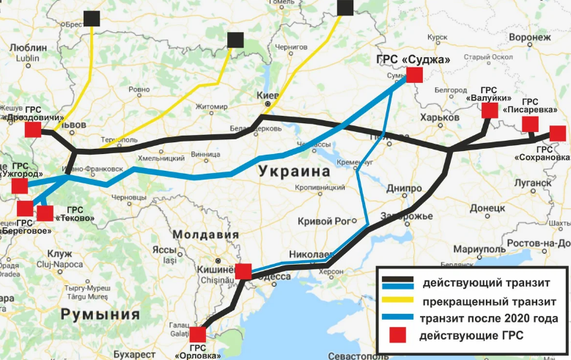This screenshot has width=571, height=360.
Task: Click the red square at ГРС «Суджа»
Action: [x=415, y=75]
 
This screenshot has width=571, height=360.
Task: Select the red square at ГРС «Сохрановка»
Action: [x=557, y=133]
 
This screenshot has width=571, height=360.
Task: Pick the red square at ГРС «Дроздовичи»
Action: [x=32, y=131]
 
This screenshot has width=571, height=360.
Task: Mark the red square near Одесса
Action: [x=244, y=271]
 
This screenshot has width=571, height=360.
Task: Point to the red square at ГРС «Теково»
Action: [x=45, y=213]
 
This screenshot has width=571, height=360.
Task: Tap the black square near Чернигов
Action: [x=346, y=7]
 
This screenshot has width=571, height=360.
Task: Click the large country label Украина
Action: [x=293, y=172]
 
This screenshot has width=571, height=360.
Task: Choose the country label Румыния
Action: [x=100, y=315]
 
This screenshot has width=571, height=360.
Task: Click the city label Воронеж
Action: [x=528, y=37]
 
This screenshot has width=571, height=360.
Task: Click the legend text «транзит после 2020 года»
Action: [x=489, y=318]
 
